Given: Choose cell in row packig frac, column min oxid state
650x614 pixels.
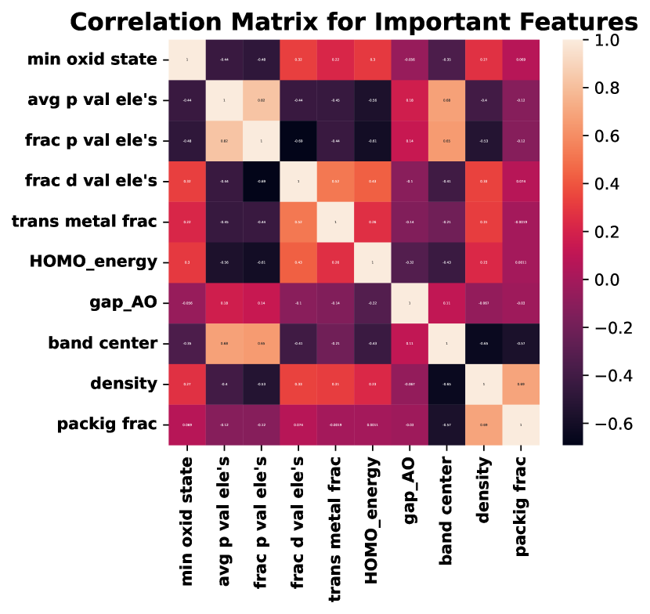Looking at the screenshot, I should pos(187,425).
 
